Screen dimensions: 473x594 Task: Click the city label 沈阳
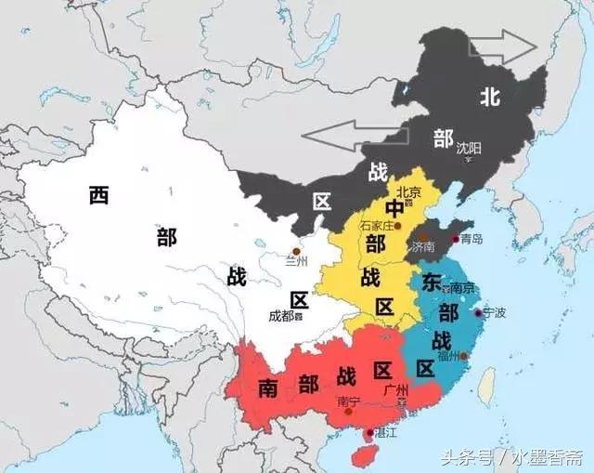click(469, 147)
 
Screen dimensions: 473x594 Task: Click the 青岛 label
click(471, 239)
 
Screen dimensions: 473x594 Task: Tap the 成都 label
click(282, 316)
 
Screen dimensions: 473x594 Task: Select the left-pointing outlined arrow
click(335, 136)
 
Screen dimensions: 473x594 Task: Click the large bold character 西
click(100, 195)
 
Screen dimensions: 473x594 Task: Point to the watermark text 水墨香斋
click(540, 457)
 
